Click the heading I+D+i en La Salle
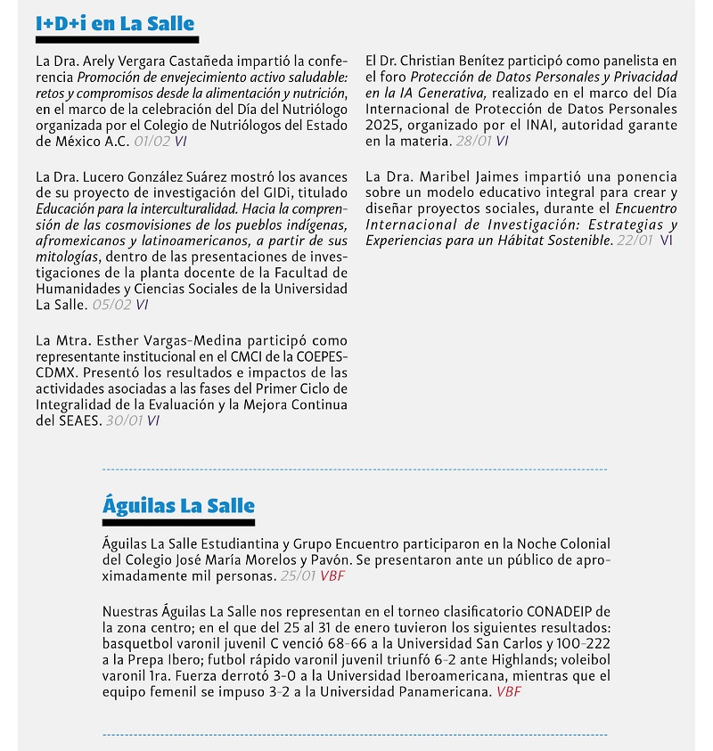[x=115, y=23]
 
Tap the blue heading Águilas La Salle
[x=178, y=505]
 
